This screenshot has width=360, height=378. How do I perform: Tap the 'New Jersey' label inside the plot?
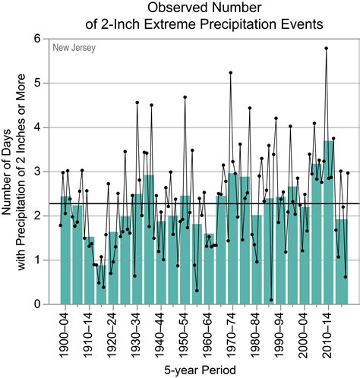tap(74, 49)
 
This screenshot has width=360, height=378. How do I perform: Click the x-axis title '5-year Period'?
tap(202, 369)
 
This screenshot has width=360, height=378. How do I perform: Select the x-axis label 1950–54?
tap(185, 332)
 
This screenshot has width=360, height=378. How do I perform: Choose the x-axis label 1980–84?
tap(257, 332)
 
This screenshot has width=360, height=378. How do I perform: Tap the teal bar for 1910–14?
tap(90, 273)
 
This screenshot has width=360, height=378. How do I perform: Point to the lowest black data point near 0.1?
tap(271, 300)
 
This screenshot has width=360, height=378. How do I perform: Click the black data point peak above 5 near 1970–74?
tap(230, 73)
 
